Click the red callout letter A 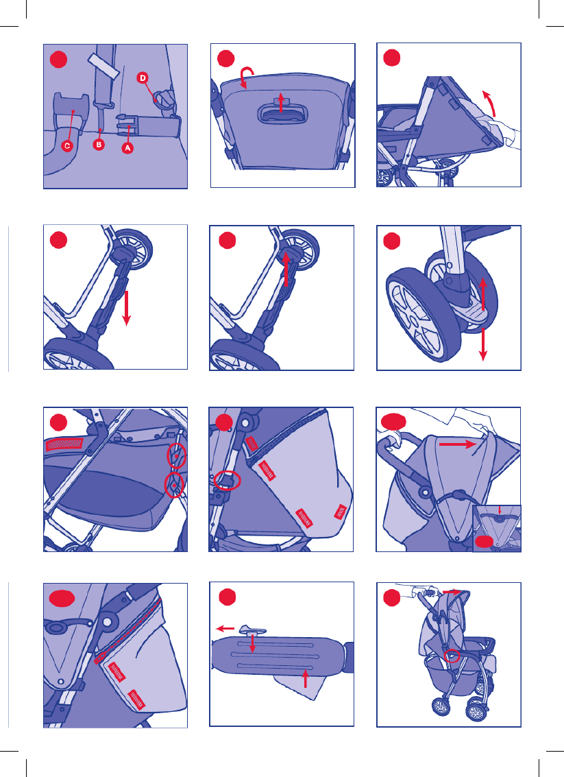[127, 147]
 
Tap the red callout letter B [99, 145]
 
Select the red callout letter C [67, 145]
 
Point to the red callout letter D [143, 77]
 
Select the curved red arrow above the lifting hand [490, 102]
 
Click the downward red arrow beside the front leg [127, 308]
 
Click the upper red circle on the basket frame [176, 455]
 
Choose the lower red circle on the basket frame [174, 485]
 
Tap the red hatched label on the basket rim [65, 444]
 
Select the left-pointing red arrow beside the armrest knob [225, 628]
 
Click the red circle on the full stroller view [452, 656]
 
